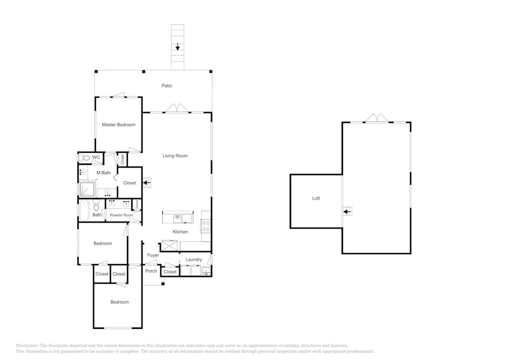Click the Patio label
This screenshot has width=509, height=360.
(x=167, y=86)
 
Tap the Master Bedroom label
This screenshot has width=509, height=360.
(x=119, y=125)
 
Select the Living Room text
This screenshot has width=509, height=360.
(x=175, y=156)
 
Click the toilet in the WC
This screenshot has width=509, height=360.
(x=84, y=158)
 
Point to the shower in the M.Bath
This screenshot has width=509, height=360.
(x=88, y=189)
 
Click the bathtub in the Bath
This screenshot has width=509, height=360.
(x=84, y=210)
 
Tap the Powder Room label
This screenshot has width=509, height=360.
(x=122, y=215)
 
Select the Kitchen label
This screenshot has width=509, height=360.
(x=180, y=232)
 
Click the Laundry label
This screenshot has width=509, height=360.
(x=194, y=260)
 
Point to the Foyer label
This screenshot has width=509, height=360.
(x=153, y=255)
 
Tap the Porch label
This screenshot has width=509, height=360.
(x=151, y=271)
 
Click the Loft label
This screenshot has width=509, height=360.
(x=316, y=199)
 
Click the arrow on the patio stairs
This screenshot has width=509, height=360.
(x=178, y=47)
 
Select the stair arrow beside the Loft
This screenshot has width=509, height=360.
(x=347, y=212)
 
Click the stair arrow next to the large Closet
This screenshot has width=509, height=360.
(x=147, y=183)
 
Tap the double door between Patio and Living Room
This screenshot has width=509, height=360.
(x=177, y=108)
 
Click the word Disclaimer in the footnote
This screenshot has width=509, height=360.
(x=27, y=346)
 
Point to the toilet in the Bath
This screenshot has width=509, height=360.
(x=96, y=206)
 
